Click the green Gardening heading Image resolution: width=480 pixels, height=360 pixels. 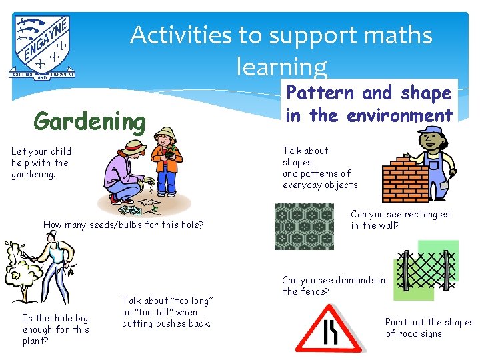89,122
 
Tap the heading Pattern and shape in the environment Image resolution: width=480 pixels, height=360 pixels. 369,104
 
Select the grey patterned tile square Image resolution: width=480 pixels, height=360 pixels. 305,226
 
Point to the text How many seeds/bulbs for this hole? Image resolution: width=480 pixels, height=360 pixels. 123,225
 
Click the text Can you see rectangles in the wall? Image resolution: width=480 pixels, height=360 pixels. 400,219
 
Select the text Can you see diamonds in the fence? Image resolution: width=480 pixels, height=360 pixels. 333,286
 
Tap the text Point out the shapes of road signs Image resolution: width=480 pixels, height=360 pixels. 429,327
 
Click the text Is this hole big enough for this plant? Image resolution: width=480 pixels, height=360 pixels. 55,329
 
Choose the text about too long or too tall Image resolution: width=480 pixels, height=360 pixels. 167,312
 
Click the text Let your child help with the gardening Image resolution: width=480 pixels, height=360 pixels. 41,163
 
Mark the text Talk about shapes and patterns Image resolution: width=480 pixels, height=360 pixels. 320,168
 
